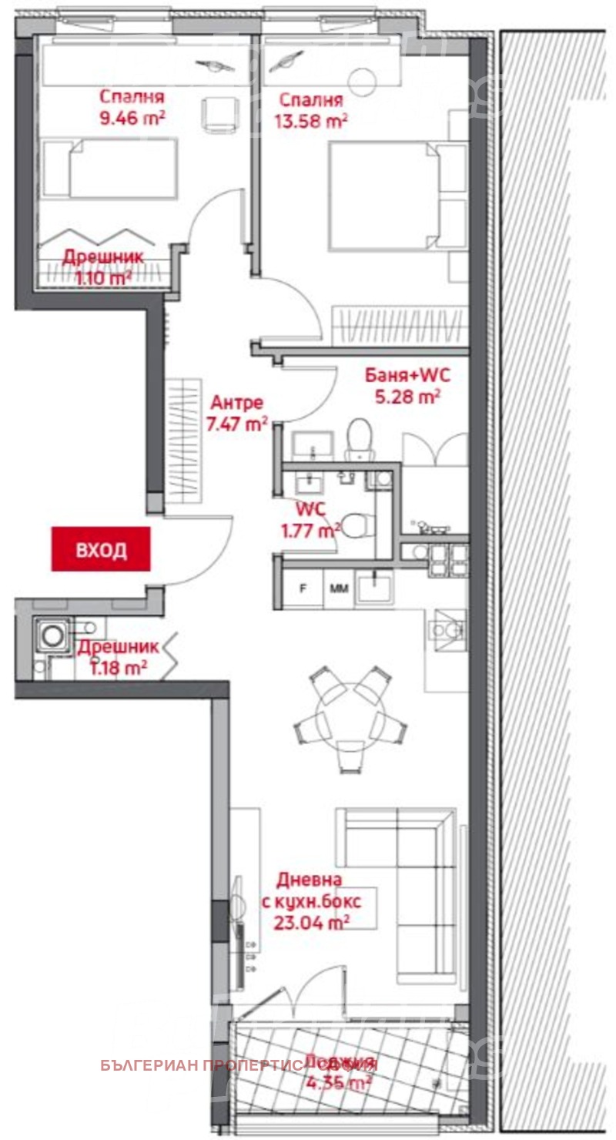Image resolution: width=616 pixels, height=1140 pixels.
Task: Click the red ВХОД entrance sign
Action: pyautogui.click(x=101, y=549)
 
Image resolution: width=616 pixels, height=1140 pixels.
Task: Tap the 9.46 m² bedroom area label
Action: pyautogui.click(x=132, y=119)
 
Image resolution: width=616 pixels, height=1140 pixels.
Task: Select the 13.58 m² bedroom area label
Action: pyautogui.click(x=311, y=121)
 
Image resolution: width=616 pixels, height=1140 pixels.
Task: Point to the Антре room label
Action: pyautogui.click(x=237, y=403)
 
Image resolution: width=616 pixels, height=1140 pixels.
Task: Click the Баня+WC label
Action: pyautogui.click(x=407, y=377)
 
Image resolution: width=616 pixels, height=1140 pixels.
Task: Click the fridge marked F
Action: pyautogui.click(x=303, y=589)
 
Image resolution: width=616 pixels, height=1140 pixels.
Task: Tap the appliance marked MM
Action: pyautogui.click(x=339, y=589)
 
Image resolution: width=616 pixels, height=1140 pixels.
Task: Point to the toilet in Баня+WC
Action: pyautogui.click(x=360, y=439)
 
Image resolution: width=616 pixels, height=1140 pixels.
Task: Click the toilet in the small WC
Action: pyautogui.click(x=355, y=527)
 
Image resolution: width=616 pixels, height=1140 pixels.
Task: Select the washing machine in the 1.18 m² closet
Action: pyautogui.click(x=52, y=636)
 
